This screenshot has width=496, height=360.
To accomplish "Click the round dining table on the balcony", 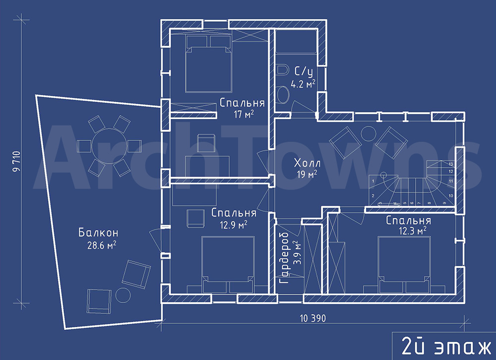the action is click(x=109, y=146).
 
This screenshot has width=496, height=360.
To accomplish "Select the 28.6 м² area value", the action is click(x=101, y=245).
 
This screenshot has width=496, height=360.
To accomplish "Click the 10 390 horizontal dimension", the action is click(x=313, y=318).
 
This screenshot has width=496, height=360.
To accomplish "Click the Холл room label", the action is click(x=307, y=163).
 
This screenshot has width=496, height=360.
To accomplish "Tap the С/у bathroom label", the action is click(x=304, y=72).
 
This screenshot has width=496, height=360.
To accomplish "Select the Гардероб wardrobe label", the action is click(x=284, y=258).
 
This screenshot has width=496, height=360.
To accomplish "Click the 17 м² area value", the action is click(x=244, y=114).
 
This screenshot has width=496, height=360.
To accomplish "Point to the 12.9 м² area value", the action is click(x=233, y=225).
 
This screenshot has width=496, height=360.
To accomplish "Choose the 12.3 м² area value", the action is click(x=412, y=231).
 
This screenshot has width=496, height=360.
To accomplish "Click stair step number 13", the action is click(x=451, y=164).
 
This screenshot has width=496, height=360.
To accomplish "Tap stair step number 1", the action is click(x=373, y=181).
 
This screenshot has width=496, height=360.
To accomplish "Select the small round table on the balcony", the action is click(x=123, y=296).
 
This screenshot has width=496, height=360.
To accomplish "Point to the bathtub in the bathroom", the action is click(x=296, y=42).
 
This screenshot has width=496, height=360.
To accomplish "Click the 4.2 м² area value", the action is click(x=303, y=84).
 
